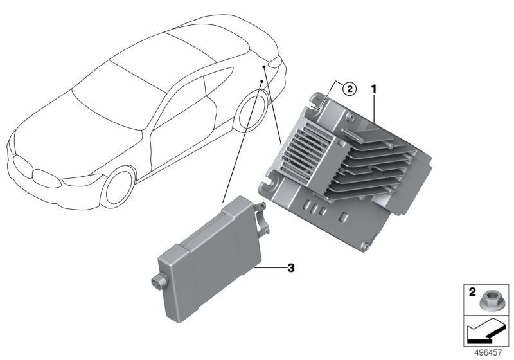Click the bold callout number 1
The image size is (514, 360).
click(373, 88)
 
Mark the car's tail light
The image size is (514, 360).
click(275, 62)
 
